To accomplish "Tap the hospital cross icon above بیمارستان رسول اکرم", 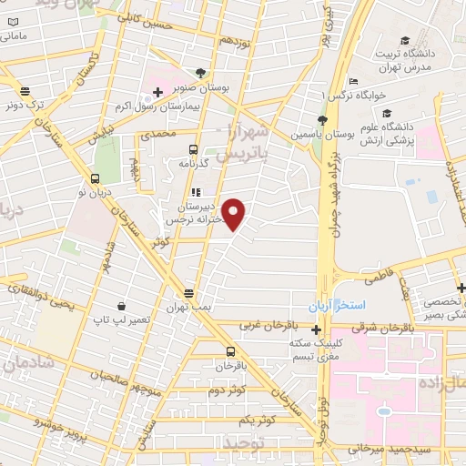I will (157, 92).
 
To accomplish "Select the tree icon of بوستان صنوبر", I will (200, 73).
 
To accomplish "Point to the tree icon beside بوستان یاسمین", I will (321, 119).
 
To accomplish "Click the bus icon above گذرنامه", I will (192, 148).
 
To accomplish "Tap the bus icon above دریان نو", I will (96, 178).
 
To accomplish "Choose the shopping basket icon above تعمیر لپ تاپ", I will (121, 307).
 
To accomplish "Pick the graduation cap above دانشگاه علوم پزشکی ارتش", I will (386, 114).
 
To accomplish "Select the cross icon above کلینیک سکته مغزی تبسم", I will (315, 327).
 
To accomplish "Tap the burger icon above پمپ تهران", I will (187, 293).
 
